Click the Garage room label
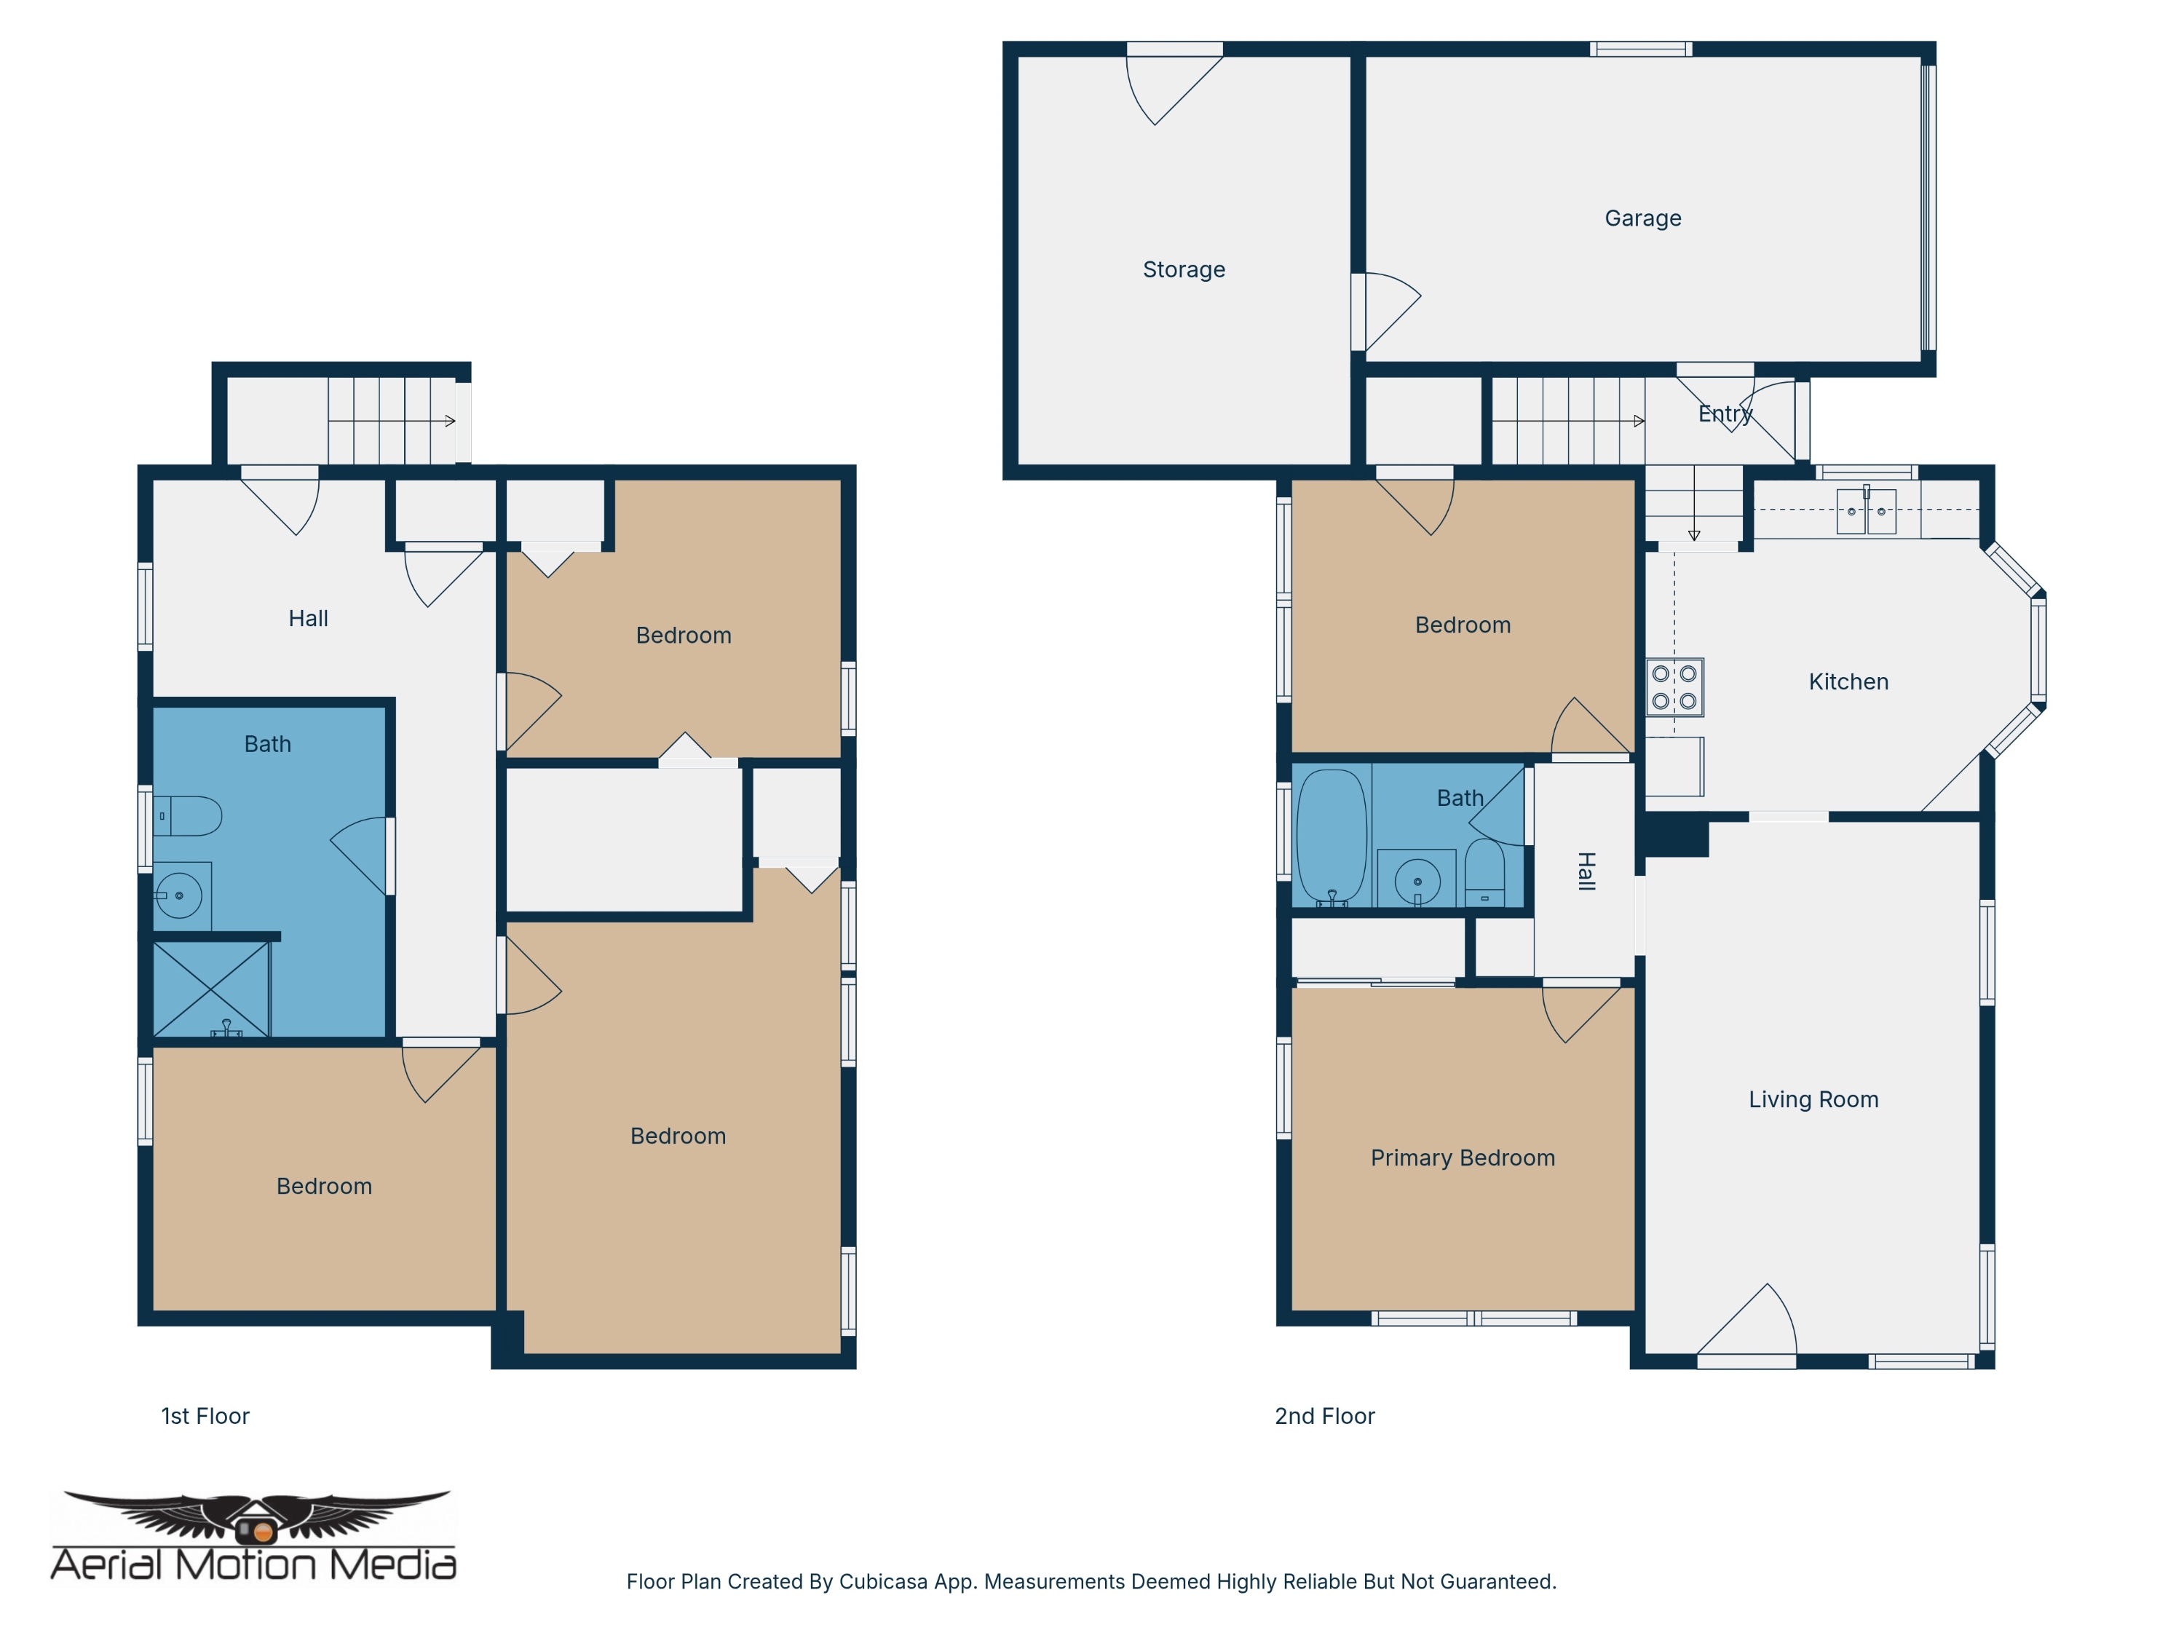click(1643, 218)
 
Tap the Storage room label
click(1184, 269)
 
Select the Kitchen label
click(1848, 681)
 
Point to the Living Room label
click(1813, 1099)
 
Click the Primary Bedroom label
click(1463, 1158)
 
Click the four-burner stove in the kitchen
click(1674, 687)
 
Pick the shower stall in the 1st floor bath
click(211, 989)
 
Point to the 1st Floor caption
click(205, 1416)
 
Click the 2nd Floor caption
click(1325, 1416)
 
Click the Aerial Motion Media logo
click(254, 1535)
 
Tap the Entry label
click(1725, 414)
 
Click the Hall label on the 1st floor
click(308, 618)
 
